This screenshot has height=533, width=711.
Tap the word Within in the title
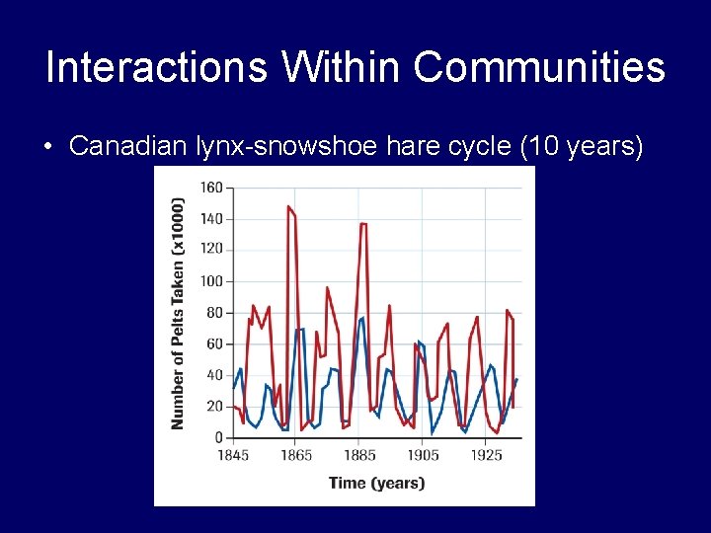(339, 68)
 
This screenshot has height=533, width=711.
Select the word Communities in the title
(539, 68)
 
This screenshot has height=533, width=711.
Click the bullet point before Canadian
(48, 147)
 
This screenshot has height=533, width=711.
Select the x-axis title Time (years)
(376, 483)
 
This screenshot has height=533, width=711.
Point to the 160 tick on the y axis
(210, 188)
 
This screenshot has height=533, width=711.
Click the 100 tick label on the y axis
(210, 281)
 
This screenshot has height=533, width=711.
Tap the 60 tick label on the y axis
(214, 343)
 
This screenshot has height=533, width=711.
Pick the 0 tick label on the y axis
(218, 437)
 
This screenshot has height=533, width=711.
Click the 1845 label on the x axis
(233, 455)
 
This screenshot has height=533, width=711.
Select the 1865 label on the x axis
(296, 455)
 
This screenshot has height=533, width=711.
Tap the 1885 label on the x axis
(359, 455)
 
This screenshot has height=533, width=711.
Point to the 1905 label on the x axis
(423, 455)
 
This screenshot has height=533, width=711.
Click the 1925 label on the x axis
(486, 455)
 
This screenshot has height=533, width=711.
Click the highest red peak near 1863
(288, 206)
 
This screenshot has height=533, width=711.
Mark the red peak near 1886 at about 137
(362, 224)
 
